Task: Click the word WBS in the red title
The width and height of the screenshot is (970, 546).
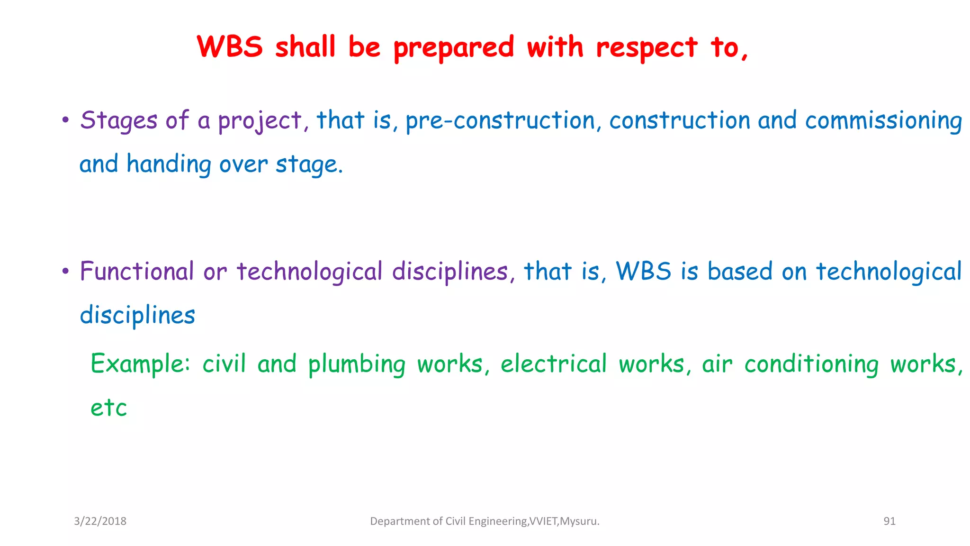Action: pyautogui.click(x=230, y=47)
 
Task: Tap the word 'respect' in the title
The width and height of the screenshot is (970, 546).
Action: pyautogui.click(x=646, y=48)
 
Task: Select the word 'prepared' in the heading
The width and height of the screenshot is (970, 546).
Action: pyautogui.click(x=454, y=48)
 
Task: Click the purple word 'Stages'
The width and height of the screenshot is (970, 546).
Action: pyautogui.click(x=118, y=120)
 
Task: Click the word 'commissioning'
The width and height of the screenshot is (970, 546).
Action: pyautogui.click(x=883, y=120)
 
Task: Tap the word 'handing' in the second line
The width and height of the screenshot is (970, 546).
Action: pyautogui.click(x=169, y=164)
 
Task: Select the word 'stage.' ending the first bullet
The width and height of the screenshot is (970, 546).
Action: pyautogui.click(x=309, y=164)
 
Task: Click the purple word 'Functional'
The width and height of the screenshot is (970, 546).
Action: pyautogui.click(x=137, y=272)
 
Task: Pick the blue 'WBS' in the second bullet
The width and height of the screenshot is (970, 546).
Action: pyautogui.click(x=643, y=272)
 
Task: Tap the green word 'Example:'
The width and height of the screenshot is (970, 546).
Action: pyautogui.click(x=140, y=364)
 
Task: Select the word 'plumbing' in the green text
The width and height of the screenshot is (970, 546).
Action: pyautogui.click(x=357, y=364)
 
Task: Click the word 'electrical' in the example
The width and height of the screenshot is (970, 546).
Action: pyautogui.click(x=553, y=364)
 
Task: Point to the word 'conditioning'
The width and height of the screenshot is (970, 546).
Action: pyautogui.click(x=811, y=364)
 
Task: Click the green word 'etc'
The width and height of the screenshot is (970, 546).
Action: pyautogui.click(x=109, y=408)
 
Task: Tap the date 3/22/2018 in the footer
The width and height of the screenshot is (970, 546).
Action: pyautogui.click(x=100, y=521)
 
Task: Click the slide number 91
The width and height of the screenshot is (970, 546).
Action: pyautogui.click(x=889, y=521)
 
